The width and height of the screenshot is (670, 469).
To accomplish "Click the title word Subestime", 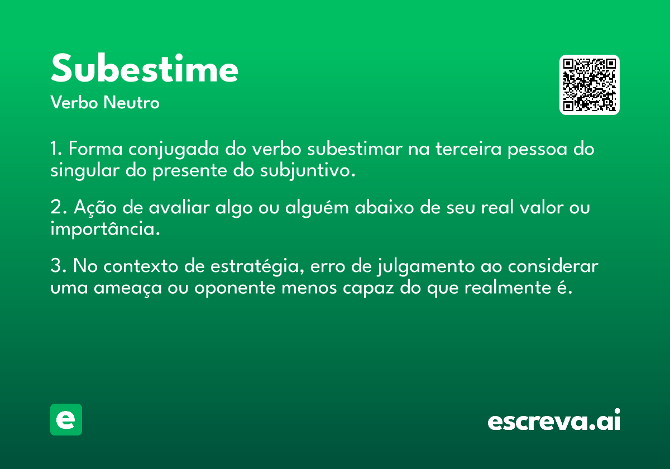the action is click(145, 68).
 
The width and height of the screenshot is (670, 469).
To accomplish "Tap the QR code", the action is click(589, 85).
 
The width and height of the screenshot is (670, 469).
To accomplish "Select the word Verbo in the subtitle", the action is click(74, 103).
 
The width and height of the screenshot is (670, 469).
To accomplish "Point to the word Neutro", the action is click(131, 103).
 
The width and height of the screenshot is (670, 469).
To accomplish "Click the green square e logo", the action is click(66, 419).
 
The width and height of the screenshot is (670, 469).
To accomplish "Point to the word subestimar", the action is click(355, 149).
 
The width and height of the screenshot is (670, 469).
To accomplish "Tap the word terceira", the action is click(468, 149).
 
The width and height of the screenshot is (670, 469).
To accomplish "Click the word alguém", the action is click(317, 208).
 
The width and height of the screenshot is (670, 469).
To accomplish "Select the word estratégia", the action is click(254, 266).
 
